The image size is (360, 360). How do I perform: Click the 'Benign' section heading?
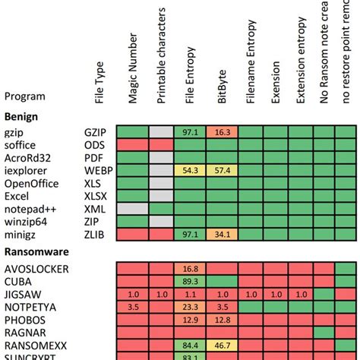point(22,115)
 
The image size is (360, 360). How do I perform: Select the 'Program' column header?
point(24,96)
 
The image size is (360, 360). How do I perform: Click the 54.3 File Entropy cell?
point(191,170)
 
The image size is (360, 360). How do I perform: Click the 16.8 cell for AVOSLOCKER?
point(191,268)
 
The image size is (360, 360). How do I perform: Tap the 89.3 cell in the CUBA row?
point(191,281)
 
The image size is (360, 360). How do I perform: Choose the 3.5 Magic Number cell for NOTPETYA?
point(131,307)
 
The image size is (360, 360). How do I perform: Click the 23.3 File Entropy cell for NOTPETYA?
point(191,307)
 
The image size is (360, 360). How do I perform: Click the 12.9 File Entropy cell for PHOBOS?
point(191,320)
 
